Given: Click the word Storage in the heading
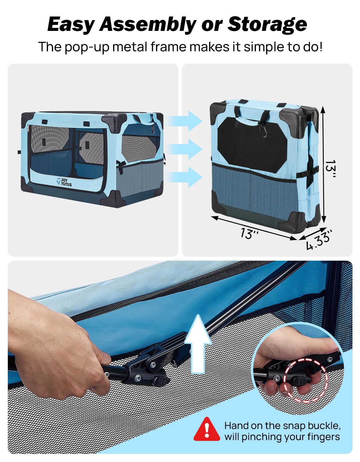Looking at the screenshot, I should (x=267, y=24).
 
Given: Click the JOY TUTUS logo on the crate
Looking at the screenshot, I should (x=64, y=182).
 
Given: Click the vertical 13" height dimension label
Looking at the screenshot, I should (x=330, y=169).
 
